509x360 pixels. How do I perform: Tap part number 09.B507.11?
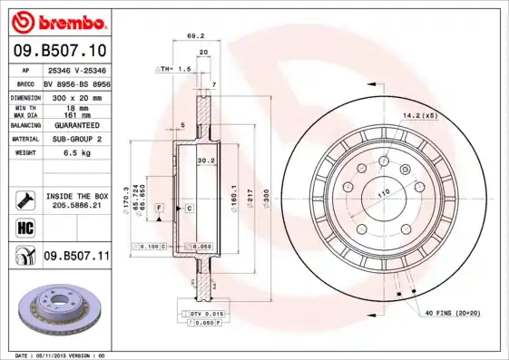(75, 257)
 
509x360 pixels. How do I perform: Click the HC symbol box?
(24, 227)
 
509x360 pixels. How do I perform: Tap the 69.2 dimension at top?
(191, 37)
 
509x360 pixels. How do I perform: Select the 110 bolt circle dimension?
(382, 193)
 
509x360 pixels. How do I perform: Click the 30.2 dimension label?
(205, 161)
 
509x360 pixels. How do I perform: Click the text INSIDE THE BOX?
(77, 196)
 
